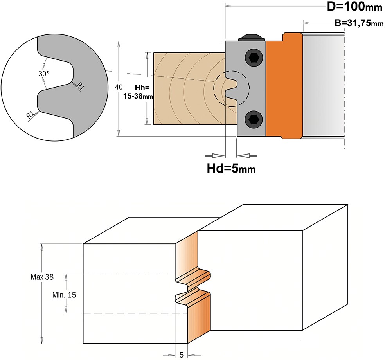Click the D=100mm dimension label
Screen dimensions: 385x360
pos(354,7)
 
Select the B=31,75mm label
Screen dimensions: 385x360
pos(359,23)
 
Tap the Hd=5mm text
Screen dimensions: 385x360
pos(231,169)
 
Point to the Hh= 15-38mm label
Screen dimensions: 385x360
pos(138,92)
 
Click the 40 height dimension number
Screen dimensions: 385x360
pos(119,87)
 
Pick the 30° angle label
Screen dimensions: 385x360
pos(44,73)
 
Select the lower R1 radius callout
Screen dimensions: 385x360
pos(30,114)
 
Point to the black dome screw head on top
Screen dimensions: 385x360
pos(252,37)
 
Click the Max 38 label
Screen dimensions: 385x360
pos(42,277)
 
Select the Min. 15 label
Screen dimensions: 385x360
pos(64,295)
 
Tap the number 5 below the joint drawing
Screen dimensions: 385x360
pos(182,355)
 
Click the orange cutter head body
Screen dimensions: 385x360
pos(284,86)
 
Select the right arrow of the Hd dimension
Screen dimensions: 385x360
pos(247,155)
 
